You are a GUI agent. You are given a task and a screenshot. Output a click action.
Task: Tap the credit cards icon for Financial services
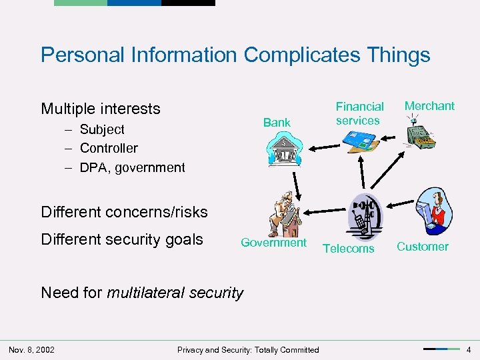point(360,140)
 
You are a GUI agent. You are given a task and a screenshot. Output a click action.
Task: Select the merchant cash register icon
point(420,133)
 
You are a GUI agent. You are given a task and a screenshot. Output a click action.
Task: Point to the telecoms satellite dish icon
point(364,217)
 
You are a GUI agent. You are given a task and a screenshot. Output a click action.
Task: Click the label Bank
point(277,122)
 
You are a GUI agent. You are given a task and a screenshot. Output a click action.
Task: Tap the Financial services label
point(359,113)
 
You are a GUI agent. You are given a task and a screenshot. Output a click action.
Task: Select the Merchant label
point(429,105)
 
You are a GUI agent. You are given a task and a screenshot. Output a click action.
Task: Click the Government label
point(273,243)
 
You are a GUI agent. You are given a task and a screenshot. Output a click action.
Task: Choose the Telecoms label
point(348,249)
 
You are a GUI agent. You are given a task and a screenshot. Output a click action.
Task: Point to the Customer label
point(423,247)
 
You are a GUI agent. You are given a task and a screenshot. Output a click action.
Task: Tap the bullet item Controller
point(109,148)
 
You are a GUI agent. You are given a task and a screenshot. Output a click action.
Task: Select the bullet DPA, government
point(132,167)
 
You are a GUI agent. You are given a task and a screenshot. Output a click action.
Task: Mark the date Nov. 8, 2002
point(31,349)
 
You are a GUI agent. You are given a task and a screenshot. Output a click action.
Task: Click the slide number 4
point(469,349)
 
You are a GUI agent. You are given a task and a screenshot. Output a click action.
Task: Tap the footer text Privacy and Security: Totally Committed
point(248,350)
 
